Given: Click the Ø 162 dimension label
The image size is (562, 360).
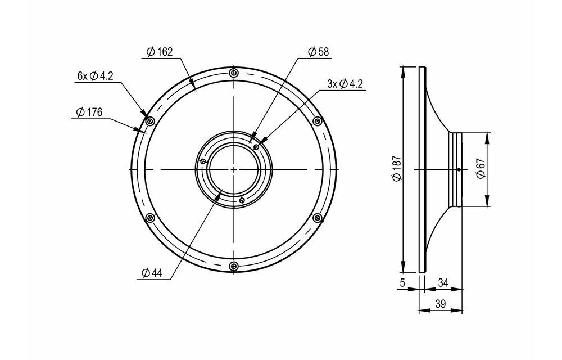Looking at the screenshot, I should (159, 52).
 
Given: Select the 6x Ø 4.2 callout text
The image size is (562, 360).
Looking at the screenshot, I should (96, 76).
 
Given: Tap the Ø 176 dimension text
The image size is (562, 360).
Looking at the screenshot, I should (88, 112).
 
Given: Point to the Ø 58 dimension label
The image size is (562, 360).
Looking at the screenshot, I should (318, 52).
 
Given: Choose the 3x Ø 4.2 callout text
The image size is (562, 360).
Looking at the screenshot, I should (345, 84).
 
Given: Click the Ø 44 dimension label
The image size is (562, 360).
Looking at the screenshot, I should (152, 273).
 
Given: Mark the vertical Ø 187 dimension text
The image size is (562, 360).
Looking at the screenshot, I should (397, 169).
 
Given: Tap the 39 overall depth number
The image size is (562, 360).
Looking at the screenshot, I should (442, 304).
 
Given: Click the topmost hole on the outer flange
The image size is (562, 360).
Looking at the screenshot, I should (234, 73).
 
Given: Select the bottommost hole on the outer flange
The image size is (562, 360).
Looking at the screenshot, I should (234, 265).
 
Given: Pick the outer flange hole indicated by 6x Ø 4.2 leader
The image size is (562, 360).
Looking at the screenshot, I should (149, 121).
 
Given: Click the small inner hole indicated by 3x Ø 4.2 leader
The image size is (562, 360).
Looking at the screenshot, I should (256, 146).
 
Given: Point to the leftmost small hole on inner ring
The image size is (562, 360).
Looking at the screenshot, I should (202, 162).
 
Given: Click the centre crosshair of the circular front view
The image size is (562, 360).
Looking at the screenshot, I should (233, 169).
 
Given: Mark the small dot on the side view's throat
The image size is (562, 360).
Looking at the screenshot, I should (459, 169).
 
